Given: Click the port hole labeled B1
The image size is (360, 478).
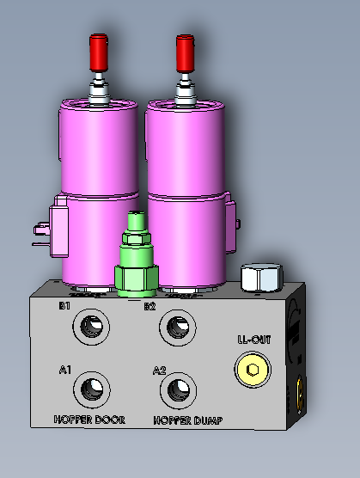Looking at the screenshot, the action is (91, 327).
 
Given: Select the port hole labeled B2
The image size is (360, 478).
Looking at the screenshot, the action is (178, 328).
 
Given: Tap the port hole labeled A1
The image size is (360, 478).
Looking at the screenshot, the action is (92, 389).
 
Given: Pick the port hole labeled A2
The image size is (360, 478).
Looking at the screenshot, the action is (179, 390).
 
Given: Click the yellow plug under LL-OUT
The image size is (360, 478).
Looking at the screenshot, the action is (253, 370).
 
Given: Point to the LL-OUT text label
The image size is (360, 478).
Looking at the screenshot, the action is (254, 340).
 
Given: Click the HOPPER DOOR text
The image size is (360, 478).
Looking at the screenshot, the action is (89, 420).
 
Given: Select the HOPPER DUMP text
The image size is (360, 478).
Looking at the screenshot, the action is (188, 420).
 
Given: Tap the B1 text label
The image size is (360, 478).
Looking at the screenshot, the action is (64, 306).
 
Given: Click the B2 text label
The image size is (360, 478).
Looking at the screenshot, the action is (149, 306).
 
